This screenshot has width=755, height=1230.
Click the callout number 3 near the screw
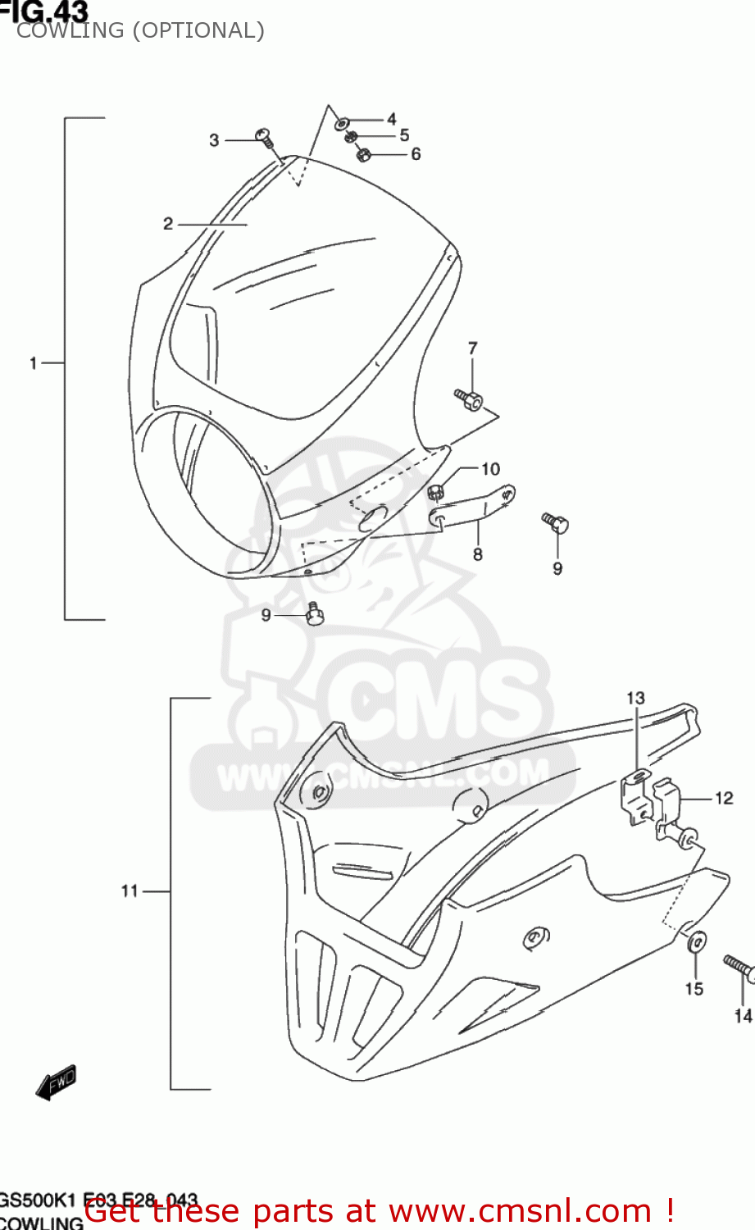[x=214, y=140]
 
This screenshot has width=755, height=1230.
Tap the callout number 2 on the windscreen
[x=168, y=224]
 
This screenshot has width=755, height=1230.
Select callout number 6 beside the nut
[x=416, y=154]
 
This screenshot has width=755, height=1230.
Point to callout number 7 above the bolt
[x=472, y=348]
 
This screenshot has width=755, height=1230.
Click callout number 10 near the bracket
[x=490, y=469]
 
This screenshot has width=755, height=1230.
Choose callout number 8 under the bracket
[x=478, y=554]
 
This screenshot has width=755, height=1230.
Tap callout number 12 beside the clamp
[x=724, y=798]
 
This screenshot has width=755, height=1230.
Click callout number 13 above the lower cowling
[x=636, y=699]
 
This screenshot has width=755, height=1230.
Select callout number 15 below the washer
[x=694, y=989]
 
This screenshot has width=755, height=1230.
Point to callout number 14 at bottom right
[x=743, y=1016]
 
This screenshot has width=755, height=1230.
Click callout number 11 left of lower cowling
[x=130, y=891]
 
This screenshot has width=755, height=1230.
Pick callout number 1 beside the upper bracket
[x=33, y=362]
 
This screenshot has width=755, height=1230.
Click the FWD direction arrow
[x=56, y=1082]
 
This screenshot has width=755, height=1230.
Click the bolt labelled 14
[x=739, y=967]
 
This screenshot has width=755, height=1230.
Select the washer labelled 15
[x=697, y=941]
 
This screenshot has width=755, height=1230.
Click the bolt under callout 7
[x=469, y=399]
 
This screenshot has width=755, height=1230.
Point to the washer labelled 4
[x=341, y=124]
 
